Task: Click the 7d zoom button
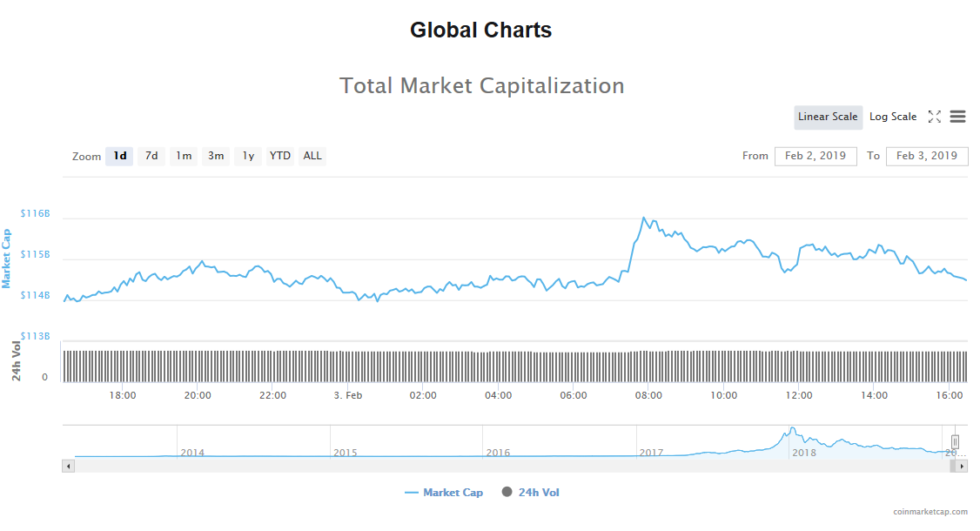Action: pyautogui.click(x=151, y=156)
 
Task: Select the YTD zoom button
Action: pyautogui.click(x=279, y=156)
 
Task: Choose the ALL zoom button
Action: pyautogui.click(x=312, y=156)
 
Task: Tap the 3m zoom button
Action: pyautogui.click(x=215, y=156)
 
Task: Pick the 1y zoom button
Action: pyautogui.click(x=248, y=156)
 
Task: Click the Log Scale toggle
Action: pyautogui.click(x=892, y=117)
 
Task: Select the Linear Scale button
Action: pyautogui.click(x=828, y=117)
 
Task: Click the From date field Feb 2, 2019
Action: pyautogui.click(x=816, y=156)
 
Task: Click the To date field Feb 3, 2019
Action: pyautogui.click(x=927, y=156)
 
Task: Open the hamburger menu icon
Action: pyautogui.click(x=957, y=117)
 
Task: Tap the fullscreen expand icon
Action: pyautogui.click(x=934, y=117)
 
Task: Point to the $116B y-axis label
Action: pyautogui.click(x=36, y=213)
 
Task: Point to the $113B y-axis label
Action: pyautogui.click(x=36, y=336)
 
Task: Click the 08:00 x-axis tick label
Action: pyautogui.click(x=648, y=395)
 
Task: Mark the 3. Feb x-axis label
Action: pyautogui.click(x=348, y=395)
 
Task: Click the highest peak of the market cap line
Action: pyautogui.click(x=643, y=218)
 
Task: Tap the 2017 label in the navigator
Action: pyautogui.click(x=652, y=453)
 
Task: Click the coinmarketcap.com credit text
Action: pyautogui.click(x=930, y=513)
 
